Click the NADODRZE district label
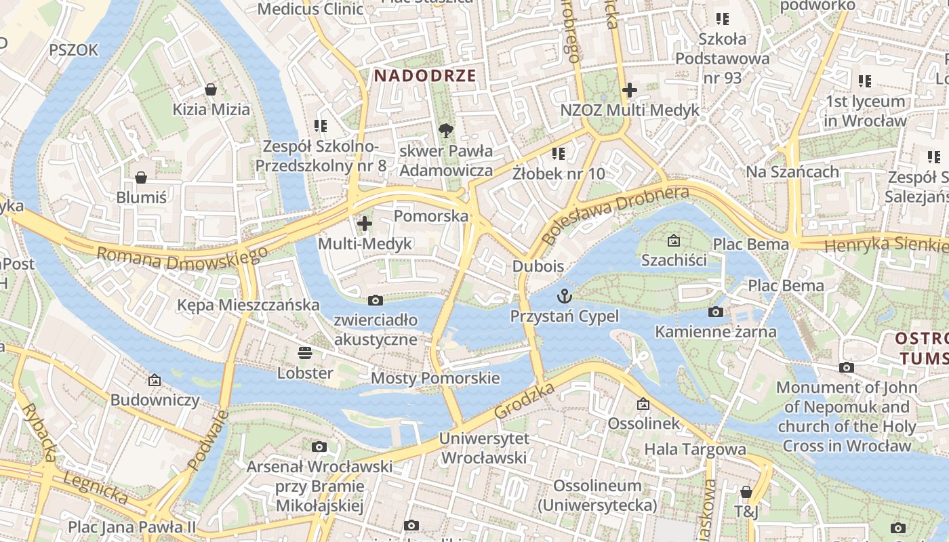[424, 75]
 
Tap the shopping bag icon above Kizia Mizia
[211, 89]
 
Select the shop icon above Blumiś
[141, 178]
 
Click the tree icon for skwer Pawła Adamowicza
[445, 130]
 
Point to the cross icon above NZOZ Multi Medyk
[630, 89]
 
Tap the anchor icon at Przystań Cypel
[564, 296]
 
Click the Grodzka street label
[525, 400]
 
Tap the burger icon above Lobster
[305, 352]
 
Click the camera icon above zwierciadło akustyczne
[375, 300]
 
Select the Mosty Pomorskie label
[435, 378]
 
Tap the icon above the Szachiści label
[674, 241]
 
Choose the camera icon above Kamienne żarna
[715, 312]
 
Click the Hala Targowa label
[695, 449]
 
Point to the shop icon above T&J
[746, 492]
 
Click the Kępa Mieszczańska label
[248, 305]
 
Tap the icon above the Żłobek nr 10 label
[559, 154]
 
